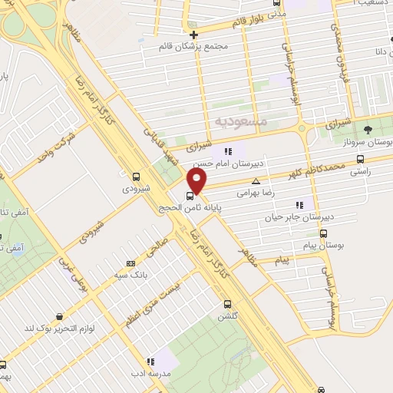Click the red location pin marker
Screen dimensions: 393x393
tap(197, 182)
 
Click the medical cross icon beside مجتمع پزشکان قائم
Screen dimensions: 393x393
tap(194, 35)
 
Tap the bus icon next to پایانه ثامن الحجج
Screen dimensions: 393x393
tap(190, 196)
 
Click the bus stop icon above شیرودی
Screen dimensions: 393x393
tap(136, 176)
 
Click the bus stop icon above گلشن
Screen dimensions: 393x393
tap(225, 303)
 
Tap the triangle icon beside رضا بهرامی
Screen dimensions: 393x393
tap(256, 183)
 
